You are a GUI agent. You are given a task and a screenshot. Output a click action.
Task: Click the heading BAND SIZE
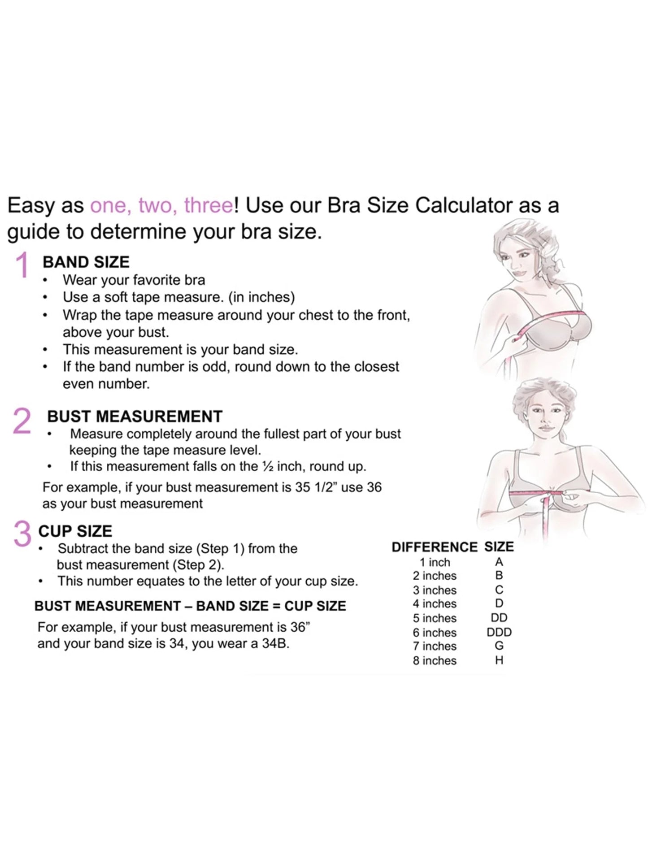tap(86, 262)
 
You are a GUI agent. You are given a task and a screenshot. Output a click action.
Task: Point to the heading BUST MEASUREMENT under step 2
tap(135, 417)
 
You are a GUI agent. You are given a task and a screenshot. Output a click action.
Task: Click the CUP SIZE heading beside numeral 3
tap(75, 531)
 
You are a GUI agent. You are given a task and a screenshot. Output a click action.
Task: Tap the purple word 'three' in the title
tap(209, 205)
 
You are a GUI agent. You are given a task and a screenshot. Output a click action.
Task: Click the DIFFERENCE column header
tap(434, 547)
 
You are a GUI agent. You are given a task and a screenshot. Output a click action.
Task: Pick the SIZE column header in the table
tap(499, 547)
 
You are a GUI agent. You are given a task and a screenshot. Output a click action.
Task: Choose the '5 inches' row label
tap(434, 618)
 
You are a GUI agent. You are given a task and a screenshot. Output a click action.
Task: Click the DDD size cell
tap(499, 632)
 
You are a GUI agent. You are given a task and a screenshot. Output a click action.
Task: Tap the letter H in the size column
tap(499, 660)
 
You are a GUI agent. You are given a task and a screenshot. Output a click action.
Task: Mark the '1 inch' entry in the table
tap(434, 562)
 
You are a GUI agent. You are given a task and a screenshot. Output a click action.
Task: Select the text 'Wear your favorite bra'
tap(134, 280)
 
